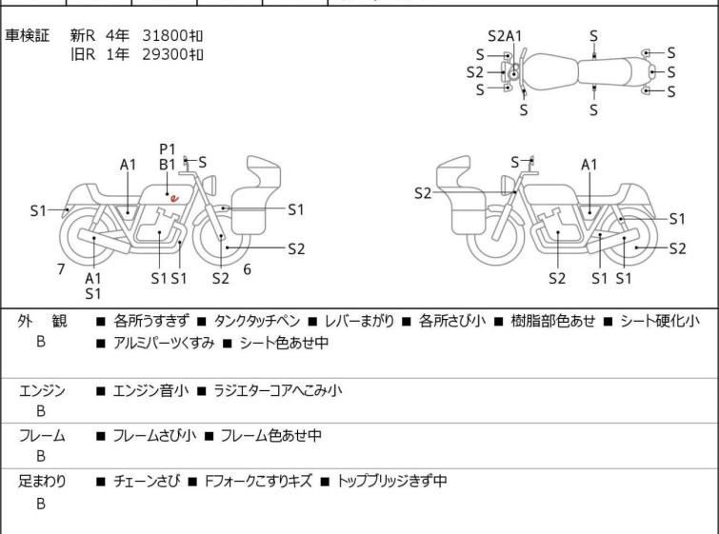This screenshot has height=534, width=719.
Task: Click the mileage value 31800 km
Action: [x=172, y=36]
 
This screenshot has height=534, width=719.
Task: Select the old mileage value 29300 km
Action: [x=172, y=54]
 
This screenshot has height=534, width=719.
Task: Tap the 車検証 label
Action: [x=28, y=36]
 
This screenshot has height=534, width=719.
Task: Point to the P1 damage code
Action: [x=168, y=148]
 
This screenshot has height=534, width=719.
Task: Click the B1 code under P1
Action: [x=168, y=164]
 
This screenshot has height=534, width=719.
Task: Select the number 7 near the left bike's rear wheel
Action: [x=61, y=269]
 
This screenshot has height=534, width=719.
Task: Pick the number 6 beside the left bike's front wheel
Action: [x=247, y=269]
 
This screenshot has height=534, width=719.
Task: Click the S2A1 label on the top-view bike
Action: [x=505, y=36]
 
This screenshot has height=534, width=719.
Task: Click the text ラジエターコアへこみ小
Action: [x=277, y=390]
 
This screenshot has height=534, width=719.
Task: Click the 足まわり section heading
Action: [x=43, y=482]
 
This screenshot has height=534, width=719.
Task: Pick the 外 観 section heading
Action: [x=43, y=322]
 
